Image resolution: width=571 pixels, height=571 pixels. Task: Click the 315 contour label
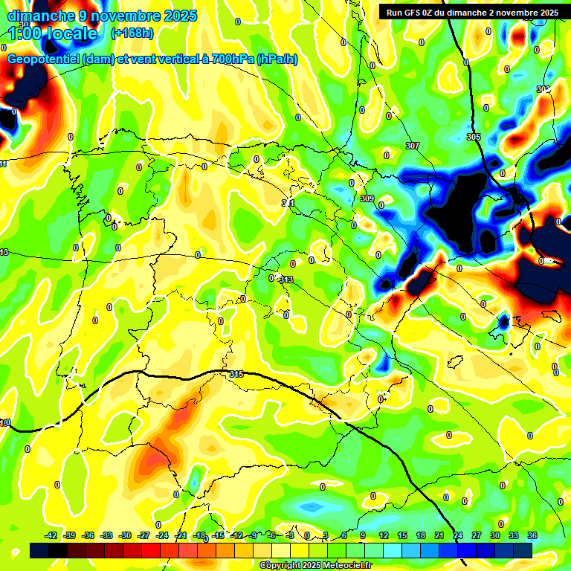pos(236,374)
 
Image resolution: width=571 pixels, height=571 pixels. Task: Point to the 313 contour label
pos(286,280)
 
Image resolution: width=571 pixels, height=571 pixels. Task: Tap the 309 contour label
pos(367,199)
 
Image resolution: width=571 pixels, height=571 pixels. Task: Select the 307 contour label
pos(413,146)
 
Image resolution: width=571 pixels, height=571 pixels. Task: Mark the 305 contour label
pos(474,138)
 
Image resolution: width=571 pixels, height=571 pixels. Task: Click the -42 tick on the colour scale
pos(51,535)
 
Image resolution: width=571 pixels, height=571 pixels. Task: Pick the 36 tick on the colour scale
pos(532,535)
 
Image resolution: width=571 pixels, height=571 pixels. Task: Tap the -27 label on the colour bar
pos(144,535)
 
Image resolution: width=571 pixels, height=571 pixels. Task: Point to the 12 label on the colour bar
pos(384,535)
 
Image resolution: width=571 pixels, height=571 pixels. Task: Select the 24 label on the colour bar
pos(458,535)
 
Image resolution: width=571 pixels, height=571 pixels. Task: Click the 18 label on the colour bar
pos(421,535)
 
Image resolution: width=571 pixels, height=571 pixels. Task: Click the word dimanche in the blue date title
pos(41,16)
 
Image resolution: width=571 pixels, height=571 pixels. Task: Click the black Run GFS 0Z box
pos(470,13)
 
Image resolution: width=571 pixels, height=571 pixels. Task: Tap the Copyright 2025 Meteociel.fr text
pos(315,565)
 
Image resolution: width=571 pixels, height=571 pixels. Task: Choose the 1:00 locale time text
pos(53,33)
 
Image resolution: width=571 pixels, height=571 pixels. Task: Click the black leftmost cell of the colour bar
pos(39,550)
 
